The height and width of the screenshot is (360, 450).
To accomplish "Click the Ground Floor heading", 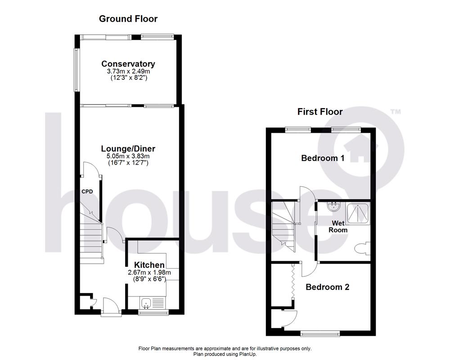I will pyautogui.click(x=128, y=18).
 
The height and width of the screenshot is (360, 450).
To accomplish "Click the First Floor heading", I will pyautogui.click(x=320, y=112).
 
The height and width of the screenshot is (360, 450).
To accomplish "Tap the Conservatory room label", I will pyautogui.click(x=128, y=64).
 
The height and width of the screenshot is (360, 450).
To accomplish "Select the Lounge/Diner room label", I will pyautogui.click(x=128, y=149).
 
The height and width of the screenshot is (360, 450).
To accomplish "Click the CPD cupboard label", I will pyautogui.click(x=87, y=192).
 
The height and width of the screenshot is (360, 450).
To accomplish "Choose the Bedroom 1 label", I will pyautogui.click(x=323, y=158).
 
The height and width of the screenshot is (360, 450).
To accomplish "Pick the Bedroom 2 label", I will pyautogui.click(x=328, y=287).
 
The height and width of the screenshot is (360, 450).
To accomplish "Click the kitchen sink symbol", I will pyautogui.click(x=147, y=303).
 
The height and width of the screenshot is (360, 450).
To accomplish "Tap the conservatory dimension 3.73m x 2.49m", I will pyautogui.click(x=128, y=71).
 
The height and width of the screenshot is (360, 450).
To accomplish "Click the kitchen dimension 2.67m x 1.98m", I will pyautogui.click(x=147, y=273).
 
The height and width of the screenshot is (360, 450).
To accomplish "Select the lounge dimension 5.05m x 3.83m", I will pyautogui.click(x=128, y=156).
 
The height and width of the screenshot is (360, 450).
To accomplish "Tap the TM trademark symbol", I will pyautogui.click(x=395, y=111).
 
